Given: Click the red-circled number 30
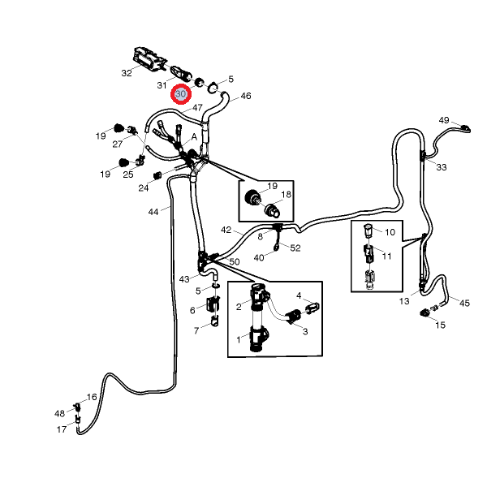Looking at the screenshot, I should coord(181,94).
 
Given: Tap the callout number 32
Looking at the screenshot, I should coord(127,73).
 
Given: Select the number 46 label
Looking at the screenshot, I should coord(246,96).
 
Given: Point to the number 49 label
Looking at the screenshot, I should coord(444,120).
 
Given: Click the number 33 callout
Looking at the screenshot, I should coord(441,167).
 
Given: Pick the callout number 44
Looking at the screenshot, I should coord(153,212).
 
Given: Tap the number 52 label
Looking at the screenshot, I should coord(295,248).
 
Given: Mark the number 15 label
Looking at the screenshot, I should coord(441,325).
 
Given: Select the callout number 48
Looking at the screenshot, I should coord(59,413).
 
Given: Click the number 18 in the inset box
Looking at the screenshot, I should coord(286,196).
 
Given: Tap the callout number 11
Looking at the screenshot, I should coord(387,256).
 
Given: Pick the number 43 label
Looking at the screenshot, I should coord(184,279).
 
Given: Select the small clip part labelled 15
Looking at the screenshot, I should coord(424,312).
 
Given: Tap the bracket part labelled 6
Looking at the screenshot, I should coord(214,306).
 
